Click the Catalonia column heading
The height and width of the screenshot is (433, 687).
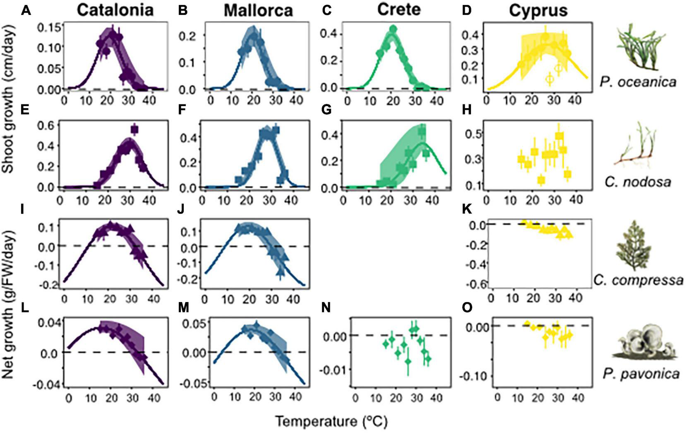[115, 10]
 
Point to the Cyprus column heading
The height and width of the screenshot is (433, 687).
[538, 10]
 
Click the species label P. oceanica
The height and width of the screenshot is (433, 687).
[638, 82]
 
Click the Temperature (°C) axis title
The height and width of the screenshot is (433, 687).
[331, 422]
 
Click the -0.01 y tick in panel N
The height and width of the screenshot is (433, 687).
[335, 369]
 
